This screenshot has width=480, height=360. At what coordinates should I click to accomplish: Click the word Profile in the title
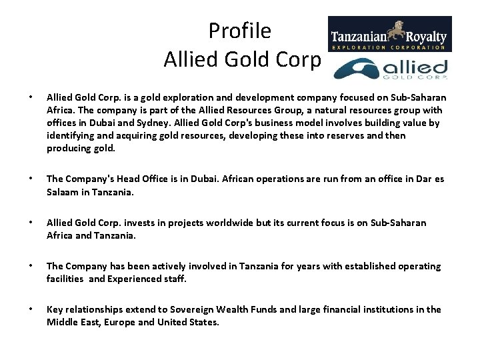(x=239, y=31)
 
